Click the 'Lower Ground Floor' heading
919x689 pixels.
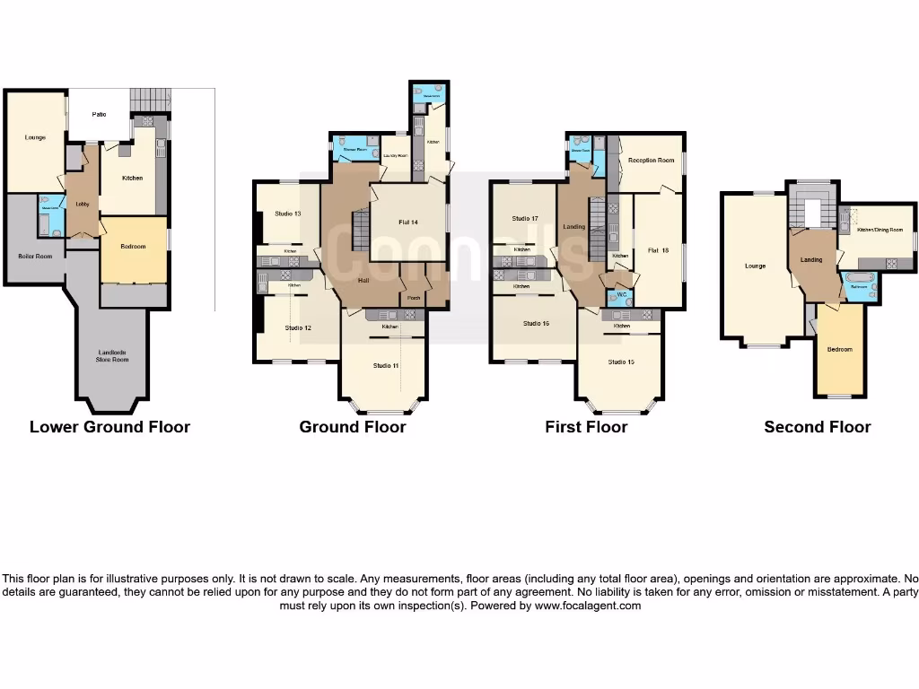tap(109, 427)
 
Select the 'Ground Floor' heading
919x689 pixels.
tap(353, 427)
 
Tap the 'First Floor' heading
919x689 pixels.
tap(586, 427)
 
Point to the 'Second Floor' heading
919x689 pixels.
tap(818, 427)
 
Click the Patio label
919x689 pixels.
tap(99, 115)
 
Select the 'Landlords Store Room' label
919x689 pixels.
tap(114, 357)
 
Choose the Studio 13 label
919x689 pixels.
tap(287, 214)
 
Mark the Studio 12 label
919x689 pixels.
tap(298, 328)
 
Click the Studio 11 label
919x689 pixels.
tap(386, 366)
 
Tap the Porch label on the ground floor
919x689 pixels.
tap(414, 298)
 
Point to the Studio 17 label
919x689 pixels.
tap(525, 219)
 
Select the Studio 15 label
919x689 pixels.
tap(621, 362)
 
